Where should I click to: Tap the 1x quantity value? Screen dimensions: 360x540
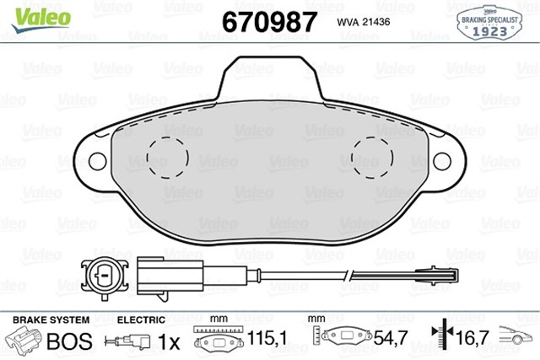point(170,342)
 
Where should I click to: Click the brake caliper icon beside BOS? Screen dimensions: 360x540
point(24,341)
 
